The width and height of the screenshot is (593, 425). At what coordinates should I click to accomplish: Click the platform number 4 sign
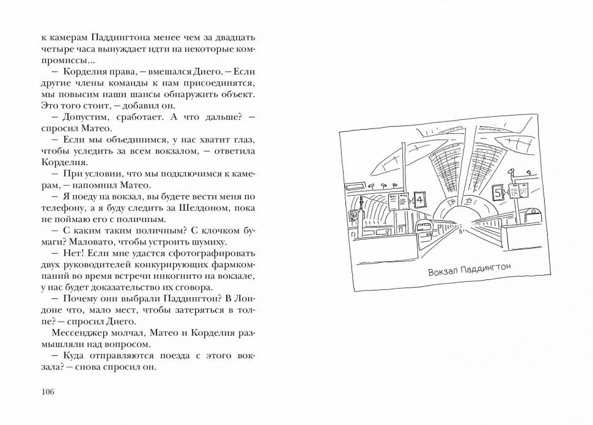[x=419, y=199]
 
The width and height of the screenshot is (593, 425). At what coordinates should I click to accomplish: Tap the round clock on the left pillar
[x=354, y=215]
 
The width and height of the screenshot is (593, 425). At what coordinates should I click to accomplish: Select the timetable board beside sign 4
[x=403, y=201]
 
